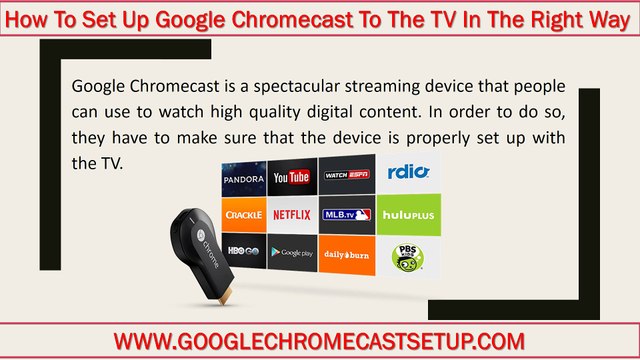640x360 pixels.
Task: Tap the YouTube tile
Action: click(291, 176)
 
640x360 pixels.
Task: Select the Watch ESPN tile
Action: click(346, 176)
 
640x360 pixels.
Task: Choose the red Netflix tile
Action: click(291, 214)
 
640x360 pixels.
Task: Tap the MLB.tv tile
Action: click(346, 214)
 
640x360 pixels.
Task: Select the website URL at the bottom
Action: click(319, 340)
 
